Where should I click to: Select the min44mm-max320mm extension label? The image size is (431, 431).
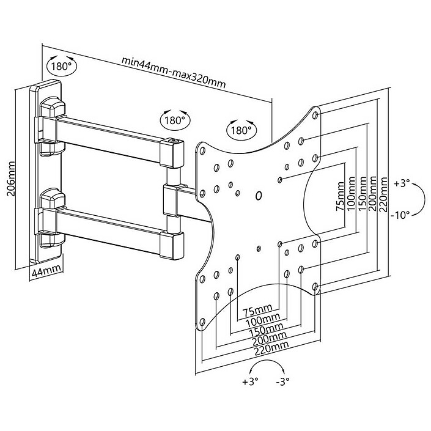pos(173,70)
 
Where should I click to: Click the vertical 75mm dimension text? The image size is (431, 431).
pos(340,197)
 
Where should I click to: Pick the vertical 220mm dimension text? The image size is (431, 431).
pos(384,193)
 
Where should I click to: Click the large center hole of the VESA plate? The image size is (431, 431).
pos(258,196)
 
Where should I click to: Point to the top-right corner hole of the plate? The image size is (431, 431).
pos(315,114)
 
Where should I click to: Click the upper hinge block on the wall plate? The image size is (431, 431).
pos(51,113)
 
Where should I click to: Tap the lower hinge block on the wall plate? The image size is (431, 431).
pos(51,202)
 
